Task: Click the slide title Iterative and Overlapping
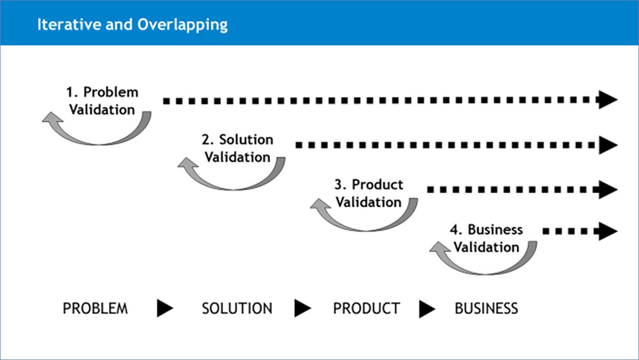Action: point(132,25)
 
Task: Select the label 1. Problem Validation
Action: point(102,100)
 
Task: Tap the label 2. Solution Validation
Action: point(238,148)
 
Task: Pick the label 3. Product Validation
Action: point(369,193)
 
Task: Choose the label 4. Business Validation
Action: point(486,238)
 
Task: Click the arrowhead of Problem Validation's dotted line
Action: point(608,100)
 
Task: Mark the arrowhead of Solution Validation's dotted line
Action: point(608,145)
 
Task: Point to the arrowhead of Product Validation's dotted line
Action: point(608,190)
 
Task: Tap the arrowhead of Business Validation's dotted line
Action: point(608,231)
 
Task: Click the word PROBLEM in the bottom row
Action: point(95,308)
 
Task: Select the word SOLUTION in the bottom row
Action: point(237,308)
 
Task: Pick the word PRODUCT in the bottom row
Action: point(366,308)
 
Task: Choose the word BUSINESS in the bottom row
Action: point(486,308)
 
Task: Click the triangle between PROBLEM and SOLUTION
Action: point(164,308)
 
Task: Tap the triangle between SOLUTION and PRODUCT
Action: point(302,308)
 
